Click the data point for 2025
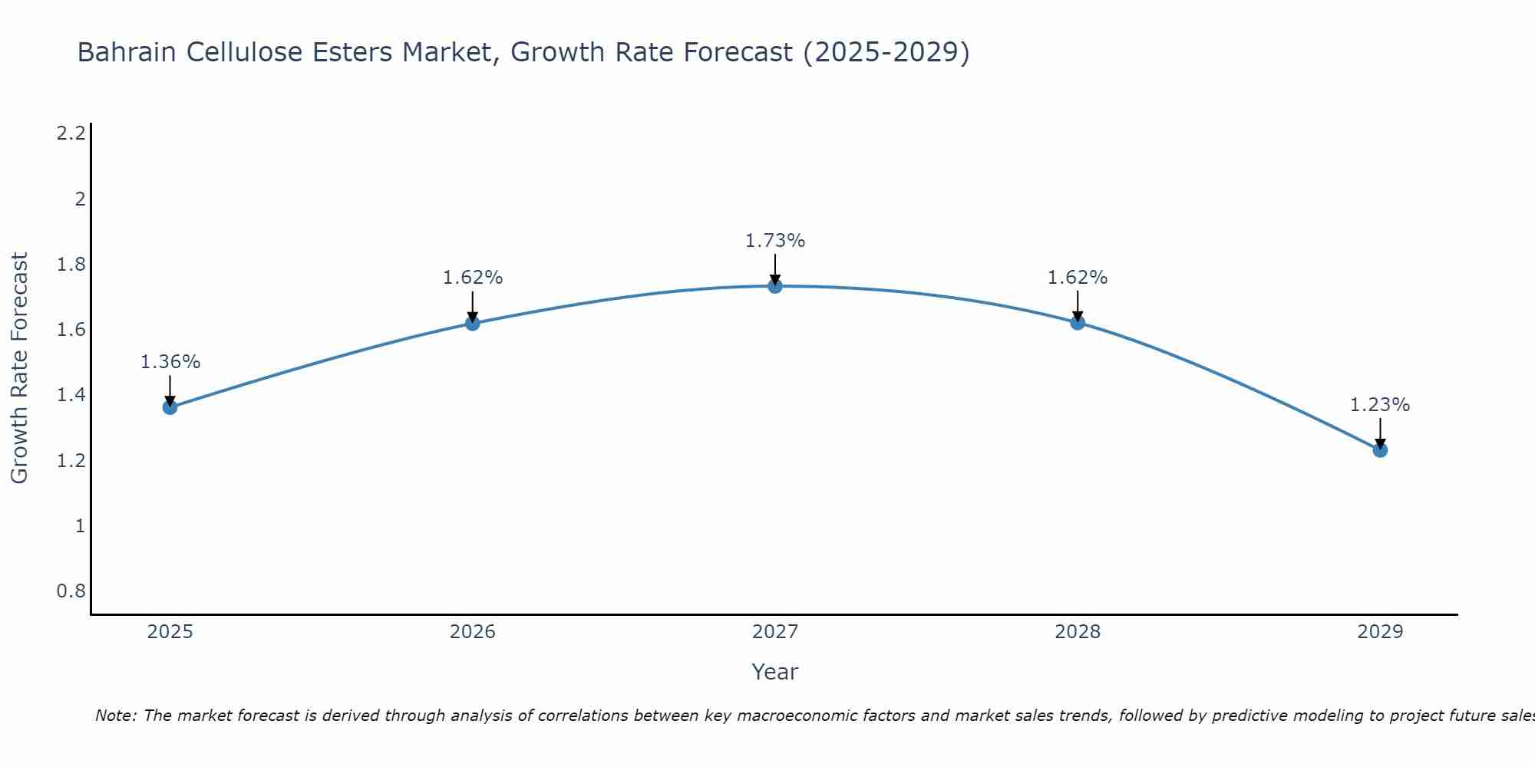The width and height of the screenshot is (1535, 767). (x=170, y=407)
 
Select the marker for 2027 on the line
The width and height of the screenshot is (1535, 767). (x=775, y=286)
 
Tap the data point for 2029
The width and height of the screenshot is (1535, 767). (x=1380, y=450)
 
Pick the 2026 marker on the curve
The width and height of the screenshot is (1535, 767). (x=473, y=323)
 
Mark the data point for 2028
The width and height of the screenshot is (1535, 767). (x=1078, y=323)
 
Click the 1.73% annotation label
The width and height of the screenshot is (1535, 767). (x=775, y=241)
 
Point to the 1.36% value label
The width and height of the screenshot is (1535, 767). (x=170, y=362)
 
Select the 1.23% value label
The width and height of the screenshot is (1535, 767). (x=1380, y=405)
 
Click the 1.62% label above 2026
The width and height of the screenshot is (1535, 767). (x=473, y=278)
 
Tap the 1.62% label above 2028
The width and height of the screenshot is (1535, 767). (x=1078, y=278)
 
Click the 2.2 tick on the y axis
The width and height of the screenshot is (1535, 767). (x=71, y=133)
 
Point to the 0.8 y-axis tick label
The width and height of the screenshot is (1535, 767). (x=71, y=591)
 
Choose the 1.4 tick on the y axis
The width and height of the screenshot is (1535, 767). (x=71, y=395)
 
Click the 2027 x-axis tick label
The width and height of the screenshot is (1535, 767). (x=775, y=632)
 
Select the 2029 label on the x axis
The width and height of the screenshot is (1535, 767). (x=1380, y=632)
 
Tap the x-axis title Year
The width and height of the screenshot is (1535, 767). (x=775, y=672)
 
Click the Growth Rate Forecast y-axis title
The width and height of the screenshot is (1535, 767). (x=20, y=367)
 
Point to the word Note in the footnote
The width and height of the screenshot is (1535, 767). (x=114, y=716)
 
